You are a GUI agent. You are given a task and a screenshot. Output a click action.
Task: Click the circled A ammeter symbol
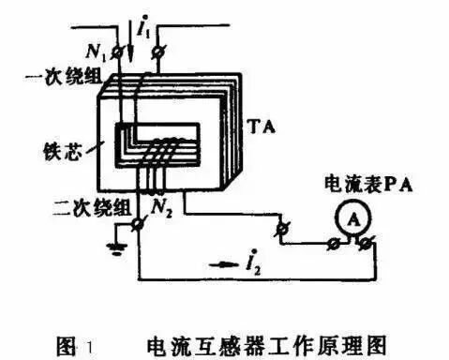tap(348, 217)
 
